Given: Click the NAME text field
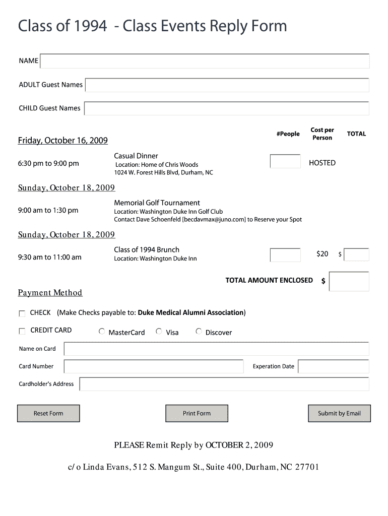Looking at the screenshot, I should coord(204,61).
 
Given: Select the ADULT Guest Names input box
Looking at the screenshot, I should coord(227,85).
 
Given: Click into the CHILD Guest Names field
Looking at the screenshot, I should coord(226,108).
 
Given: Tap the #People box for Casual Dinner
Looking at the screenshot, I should coord(285,161).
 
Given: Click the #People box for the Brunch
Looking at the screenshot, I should coord(285,255).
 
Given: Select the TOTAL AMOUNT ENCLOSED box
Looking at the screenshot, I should coord(349,281).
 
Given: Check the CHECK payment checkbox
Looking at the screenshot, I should coord(22,313).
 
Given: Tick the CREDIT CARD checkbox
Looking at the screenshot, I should coord(22,331).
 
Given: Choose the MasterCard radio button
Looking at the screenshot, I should coord(102,332).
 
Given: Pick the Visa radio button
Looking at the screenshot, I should coord(159,332).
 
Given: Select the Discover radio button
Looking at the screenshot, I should coord(199,332).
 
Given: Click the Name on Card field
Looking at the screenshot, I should coord(216,349).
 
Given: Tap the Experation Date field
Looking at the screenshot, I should coord(333,366).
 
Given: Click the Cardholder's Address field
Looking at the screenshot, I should coord(224,384).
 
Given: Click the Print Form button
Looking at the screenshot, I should coord(197,413).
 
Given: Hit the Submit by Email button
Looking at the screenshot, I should coord(339,413).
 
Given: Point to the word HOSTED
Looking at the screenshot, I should coord(322,163).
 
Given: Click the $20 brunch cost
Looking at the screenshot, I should coord(322,254).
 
